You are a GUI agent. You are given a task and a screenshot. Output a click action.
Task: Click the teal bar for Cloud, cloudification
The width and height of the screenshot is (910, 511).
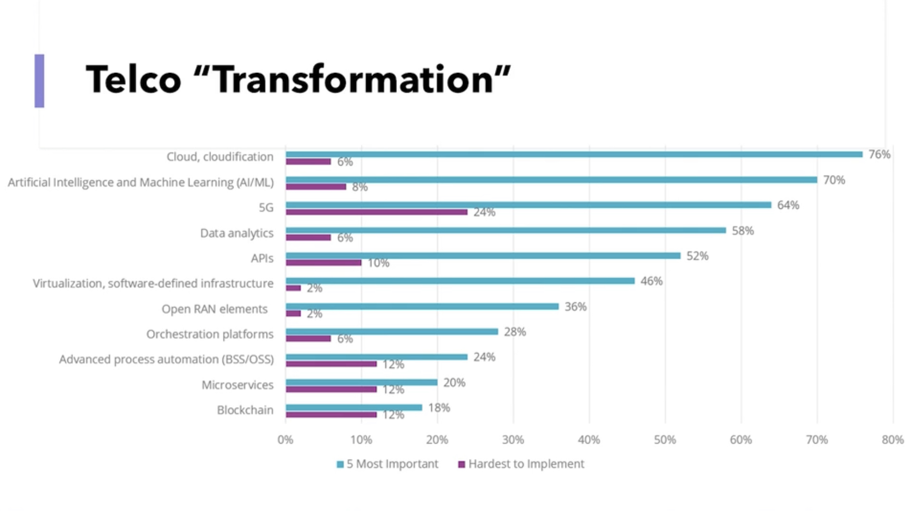click(x=574, y=154)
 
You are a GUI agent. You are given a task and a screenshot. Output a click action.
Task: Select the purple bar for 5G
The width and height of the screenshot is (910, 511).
click(x=376, y=212)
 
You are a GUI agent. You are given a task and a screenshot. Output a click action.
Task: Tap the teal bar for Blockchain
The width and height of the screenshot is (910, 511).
click(x=354, y=408)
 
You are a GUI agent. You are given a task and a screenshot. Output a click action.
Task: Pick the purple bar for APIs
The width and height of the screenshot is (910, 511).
click(x=324, y=263)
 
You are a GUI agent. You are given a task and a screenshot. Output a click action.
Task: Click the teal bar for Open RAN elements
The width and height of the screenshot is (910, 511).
click(x=422, y=306)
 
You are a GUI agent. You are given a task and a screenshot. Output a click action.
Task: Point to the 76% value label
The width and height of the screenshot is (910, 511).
click(x=879, y=154)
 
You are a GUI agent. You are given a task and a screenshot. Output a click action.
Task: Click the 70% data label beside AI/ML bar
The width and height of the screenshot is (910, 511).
click(x=833, y=180)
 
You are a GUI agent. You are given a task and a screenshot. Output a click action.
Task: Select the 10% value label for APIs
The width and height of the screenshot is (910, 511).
click(x=378, y=263)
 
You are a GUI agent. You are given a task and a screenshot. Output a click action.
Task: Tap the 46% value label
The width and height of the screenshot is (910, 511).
click(x=651, y=281)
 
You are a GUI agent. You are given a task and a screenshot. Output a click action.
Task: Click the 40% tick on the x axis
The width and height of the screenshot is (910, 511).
click(x=589, y=440)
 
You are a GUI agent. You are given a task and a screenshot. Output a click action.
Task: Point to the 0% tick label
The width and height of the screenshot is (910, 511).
click(x=286, y=440)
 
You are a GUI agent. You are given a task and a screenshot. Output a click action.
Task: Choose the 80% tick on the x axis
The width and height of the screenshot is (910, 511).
click(x=893, y=440)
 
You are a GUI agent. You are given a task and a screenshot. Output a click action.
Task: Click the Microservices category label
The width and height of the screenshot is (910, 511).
click(x=237, y=385)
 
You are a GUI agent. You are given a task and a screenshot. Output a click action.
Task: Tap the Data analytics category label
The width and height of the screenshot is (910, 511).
click(x=237, y=233)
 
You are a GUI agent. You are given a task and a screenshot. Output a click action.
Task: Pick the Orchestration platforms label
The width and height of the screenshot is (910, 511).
click(x=210, y=335)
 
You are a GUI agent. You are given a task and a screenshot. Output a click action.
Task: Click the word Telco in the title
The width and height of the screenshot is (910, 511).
click(x=134, y=80)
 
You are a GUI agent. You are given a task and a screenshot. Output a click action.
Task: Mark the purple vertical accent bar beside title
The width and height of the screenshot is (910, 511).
click(x=40, y=81)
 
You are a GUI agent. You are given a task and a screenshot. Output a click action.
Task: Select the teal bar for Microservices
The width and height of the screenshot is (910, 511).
click(x=362, y=382)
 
